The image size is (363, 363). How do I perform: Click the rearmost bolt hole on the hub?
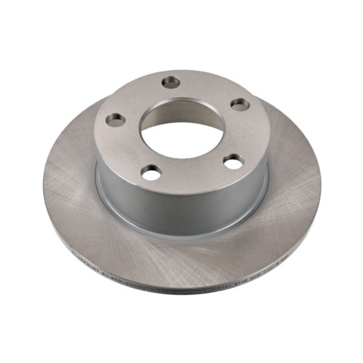pyautogui.click(x=172, y=82)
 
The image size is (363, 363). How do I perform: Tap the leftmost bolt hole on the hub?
pyautogui.click(x=116, y=120)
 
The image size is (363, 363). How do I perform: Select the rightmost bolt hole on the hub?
pyautogui.click(x=240, y=104)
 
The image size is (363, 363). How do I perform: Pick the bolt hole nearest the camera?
pyautogui.click(x=151, y=173)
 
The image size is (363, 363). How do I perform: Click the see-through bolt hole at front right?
pyautogui.click(x=233, y=162)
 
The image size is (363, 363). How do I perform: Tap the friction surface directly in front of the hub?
pyautogui.click(x=181, y=254)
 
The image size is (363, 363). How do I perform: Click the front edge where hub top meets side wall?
pyautogui.click(x=181, y=192)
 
